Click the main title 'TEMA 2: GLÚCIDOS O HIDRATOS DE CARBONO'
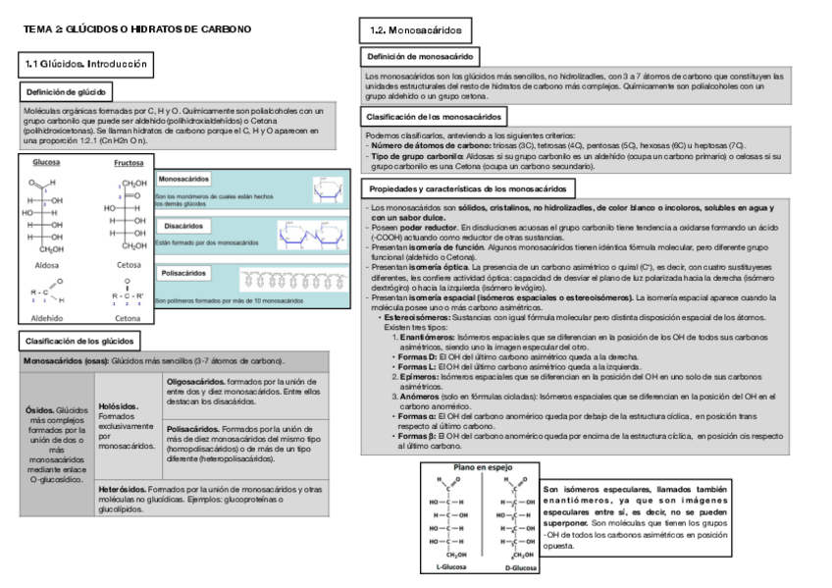pyautogui.click(x=137, y=29)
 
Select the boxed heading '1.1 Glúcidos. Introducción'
pyautogui.click(x=86, y=64)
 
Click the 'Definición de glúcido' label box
pyautogui.click(x=66, y=92)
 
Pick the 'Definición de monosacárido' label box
pyautogui.click(x=422, y=58)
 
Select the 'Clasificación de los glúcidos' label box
pyautogui.click(x=79, y=341)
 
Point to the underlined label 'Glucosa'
pyautogui.click(x=46, y=163)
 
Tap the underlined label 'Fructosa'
pyautogui.click(x=129, y=163)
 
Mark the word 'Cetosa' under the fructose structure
pyautogui.click(x=129, y=265)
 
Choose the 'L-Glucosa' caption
pyautogui.click(x=451, y=566)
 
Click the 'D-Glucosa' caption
pyautogui.click(x=519, y=566)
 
